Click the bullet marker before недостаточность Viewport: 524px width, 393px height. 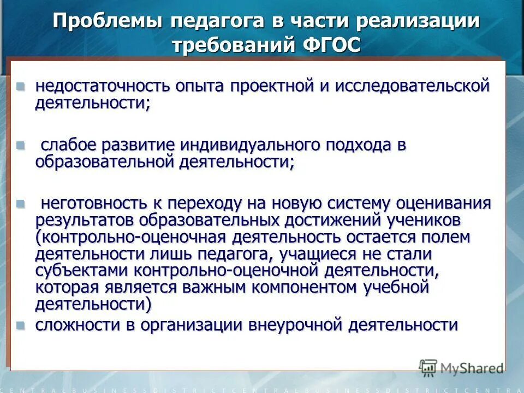(21, 86)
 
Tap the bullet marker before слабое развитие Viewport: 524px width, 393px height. (21, 146)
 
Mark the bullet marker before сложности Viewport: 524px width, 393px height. (21, 326)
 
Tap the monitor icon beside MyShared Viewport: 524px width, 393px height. (428, 367)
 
